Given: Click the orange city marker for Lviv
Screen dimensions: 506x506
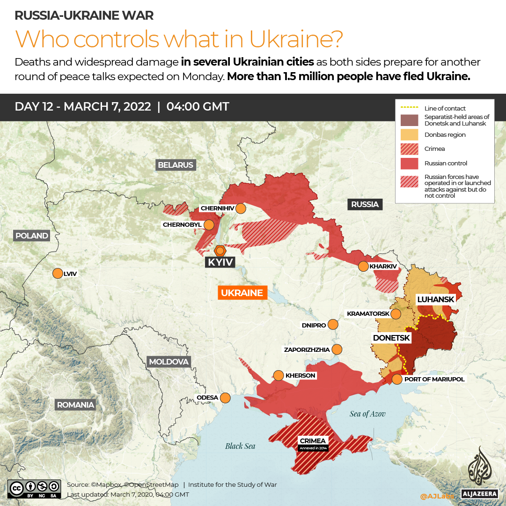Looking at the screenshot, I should tap(58, 274).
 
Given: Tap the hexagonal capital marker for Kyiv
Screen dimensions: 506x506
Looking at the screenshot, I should tap(220, 250).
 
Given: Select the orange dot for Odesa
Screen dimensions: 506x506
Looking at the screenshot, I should tap(225, 398).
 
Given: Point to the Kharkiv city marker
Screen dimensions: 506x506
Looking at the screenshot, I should tap(363, 267).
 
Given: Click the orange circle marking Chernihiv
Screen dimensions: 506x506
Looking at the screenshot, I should tap(241, 208).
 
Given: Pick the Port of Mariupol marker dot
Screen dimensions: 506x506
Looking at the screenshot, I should tap(397, 379).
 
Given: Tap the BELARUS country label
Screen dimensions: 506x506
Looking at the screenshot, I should tap(176, 165).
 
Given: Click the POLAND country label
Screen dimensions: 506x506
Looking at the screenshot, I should tap(32, 236).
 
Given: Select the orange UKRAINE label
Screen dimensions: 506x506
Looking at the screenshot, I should tap(242, 293).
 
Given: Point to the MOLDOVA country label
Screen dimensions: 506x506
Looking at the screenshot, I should tap(169, 362).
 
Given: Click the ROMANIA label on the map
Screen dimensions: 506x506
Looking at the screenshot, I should tap(75, 405).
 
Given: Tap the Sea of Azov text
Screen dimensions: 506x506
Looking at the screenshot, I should tap(367, 414).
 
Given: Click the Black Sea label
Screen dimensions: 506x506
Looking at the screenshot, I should tap(240, 446).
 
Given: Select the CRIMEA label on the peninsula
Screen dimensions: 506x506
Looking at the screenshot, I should tap(313, 441).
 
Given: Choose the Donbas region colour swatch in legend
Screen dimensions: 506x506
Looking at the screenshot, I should tap(409, 135).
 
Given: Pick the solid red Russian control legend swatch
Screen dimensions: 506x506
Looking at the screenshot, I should tap(409, 164).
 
